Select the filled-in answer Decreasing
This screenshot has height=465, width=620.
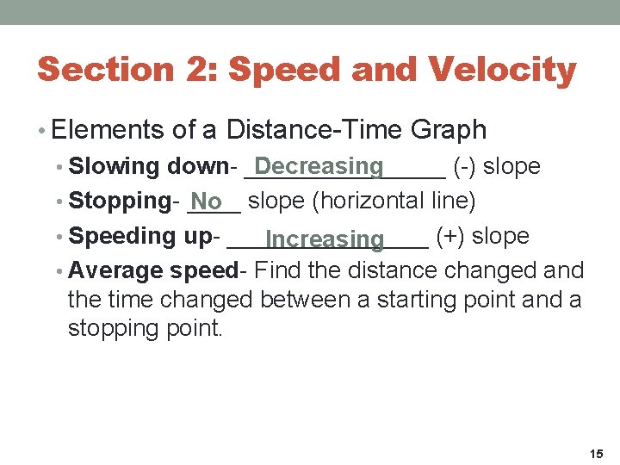(319, 165)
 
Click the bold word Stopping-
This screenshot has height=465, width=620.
(122, 201)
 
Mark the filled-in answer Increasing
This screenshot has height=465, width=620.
(325, 239)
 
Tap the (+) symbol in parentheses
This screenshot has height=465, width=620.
(451, 236)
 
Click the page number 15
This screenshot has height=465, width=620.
(597, 453)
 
